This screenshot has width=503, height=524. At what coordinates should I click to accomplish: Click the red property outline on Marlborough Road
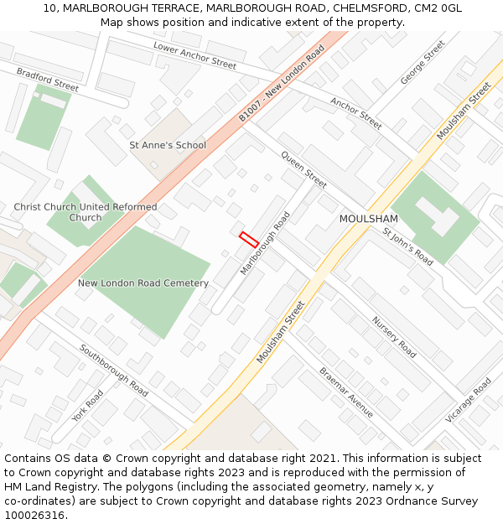[248, 239]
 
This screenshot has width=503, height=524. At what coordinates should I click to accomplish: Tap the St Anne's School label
[168, 145]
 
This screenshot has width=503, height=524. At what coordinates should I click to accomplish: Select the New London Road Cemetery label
[143, 283]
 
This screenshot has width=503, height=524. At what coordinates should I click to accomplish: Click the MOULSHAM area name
[368, 219]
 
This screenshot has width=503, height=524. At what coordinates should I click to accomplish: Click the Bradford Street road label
[48, 80]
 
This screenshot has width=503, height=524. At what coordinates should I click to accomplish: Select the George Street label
[423, 63]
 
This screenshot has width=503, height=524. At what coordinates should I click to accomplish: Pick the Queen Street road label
[303, 169]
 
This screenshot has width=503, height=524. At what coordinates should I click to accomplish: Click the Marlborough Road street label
[265, 243]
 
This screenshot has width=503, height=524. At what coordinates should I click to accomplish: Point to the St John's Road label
[407, 246]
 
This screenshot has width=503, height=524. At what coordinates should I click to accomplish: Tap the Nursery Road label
[394, 337]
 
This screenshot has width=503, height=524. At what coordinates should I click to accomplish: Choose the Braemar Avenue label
[346, 392]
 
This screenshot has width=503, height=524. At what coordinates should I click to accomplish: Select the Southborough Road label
[113, 371]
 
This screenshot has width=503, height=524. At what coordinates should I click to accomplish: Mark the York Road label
[87, 406]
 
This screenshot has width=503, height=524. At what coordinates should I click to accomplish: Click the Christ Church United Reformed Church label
[85, 212]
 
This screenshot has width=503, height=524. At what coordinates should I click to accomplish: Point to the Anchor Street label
[356, 114]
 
